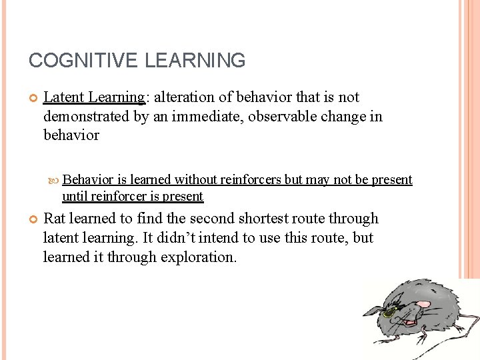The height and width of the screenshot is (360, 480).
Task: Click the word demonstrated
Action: tap(87, 117)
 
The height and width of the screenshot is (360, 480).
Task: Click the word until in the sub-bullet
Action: tap(75, 196)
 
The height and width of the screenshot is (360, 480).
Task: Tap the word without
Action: tap(197, 179)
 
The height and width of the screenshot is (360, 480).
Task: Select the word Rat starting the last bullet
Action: tap(55, 219)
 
